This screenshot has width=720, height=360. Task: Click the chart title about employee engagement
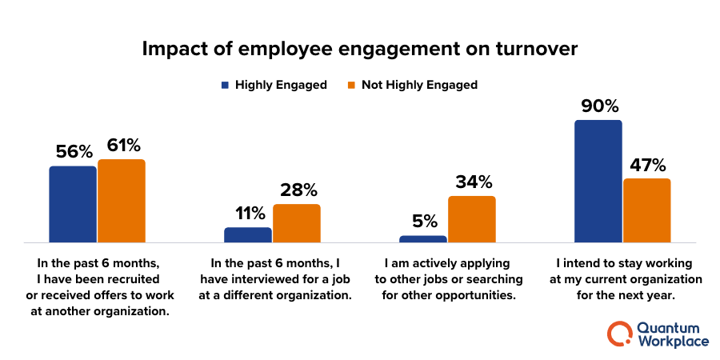(x=359, y=49)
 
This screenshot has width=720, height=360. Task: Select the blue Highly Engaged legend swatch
(x=226, y=85)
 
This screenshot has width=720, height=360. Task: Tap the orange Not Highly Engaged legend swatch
(x=352, y=85)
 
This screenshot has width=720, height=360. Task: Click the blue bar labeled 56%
(x=73, y=204)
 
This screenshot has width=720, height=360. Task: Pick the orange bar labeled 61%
(x=122, y=201)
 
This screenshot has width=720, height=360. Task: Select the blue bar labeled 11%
(x=248, y=234)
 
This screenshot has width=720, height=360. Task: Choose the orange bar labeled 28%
(x=297, y=223)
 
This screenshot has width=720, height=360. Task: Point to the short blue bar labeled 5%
(x=423, y=238)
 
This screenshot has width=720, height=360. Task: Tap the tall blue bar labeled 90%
(x=598, y=181)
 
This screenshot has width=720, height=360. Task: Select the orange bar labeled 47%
(x=647, y=210)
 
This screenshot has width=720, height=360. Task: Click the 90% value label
(x=598, y=106)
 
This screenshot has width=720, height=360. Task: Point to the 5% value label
(x=424, y=221)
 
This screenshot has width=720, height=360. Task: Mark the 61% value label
(x=122, y=146)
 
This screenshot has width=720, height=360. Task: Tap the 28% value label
(x=298, y=190)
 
